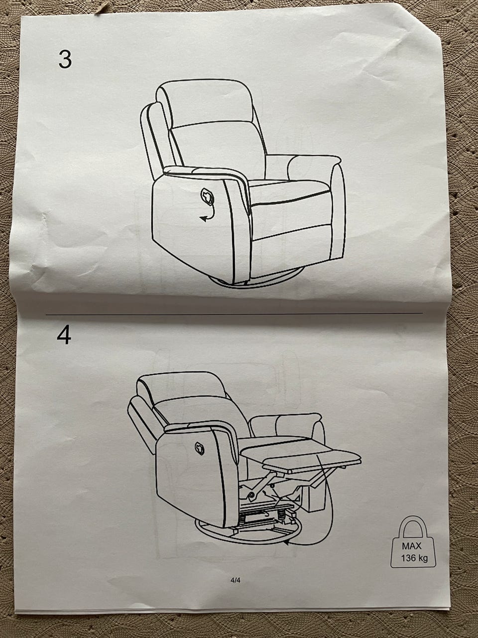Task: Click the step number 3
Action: (x=65, y=59)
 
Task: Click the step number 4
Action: (x=64, y=335)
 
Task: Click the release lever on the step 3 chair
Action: (x=207, y=196)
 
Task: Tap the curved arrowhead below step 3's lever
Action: (x=204, y=219)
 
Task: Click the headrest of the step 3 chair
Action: (x=205, y=102)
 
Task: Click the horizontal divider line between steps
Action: (x=234, y=314)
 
